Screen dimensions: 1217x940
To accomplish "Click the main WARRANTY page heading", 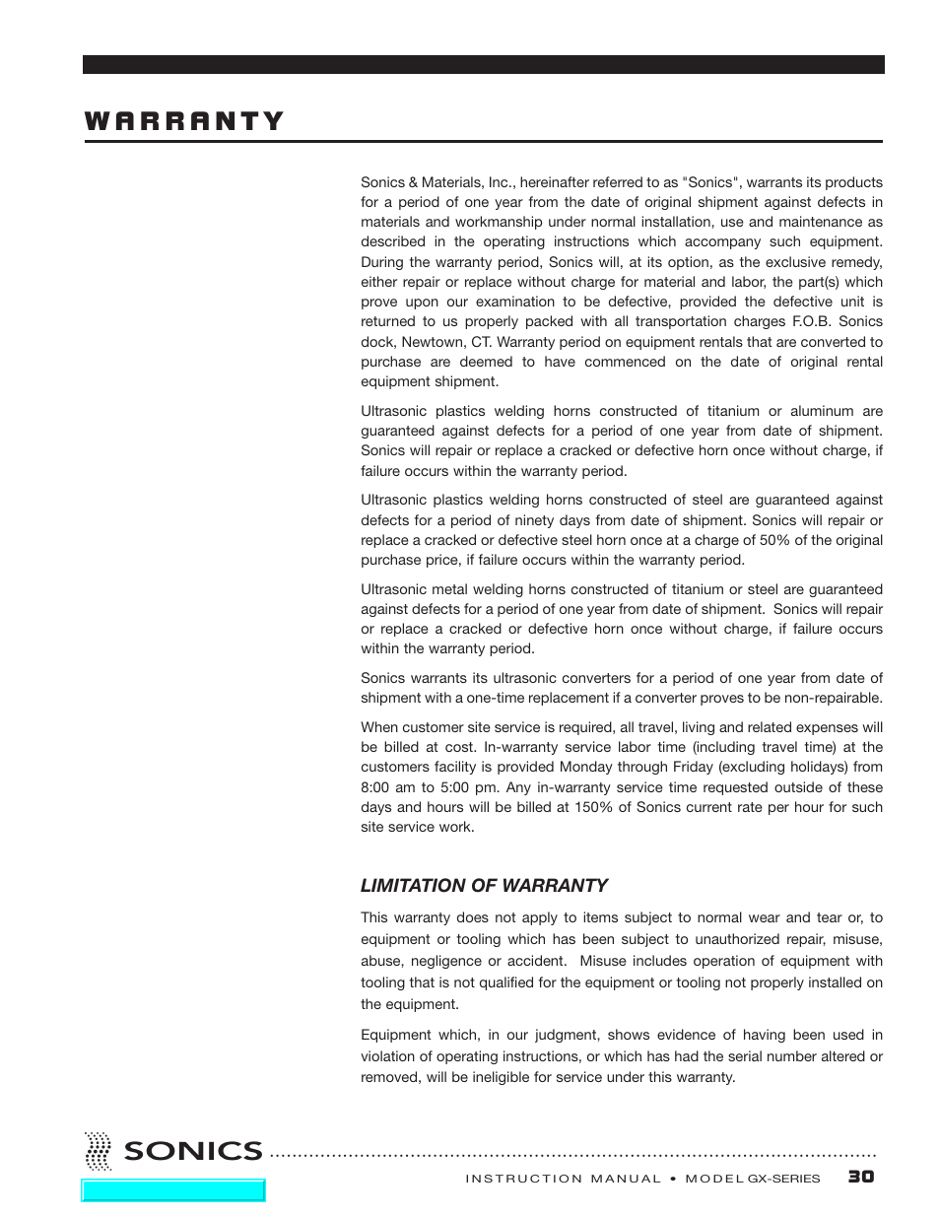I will point(184,121).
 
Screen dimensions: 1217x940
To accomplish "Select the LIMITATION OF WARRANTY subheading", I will point(483,885).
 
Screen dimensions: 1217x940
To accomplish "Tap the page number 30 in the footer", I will point(860,1177).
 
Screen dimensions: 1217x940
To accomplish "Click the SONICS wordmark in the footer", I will point(193,1151).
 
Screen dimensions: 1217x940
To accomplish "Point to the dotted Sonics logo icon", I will point(98,1150).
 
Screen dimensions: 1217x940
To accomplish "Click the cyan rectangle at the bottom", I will point(173,1190).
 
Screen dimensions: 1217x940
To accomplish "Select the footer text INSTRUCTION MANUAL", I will point(563,1179).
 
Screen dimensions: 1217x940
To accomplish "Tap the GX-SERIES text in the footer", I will point(783,1179).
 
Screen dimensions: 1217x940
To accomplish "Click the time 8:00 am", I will point(386,787).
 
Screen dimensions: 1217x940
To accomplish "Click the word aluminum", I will point(822,411).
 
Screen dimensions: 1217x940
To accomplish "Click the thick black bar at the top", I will point(483,64).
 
